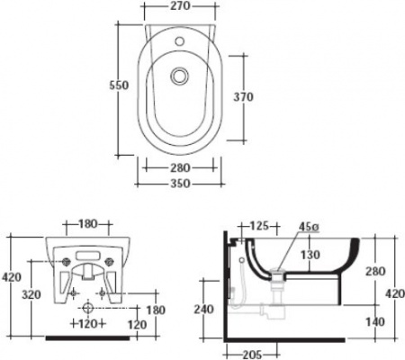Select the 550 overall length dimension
[119, 85]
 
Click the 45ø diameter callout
[310, 227]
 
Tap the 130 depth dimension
[310, 255]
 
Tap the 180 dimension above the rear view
[87, 222]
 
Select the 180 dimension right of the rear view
[155, 310]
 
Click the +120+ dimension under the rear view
[87, 321]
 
